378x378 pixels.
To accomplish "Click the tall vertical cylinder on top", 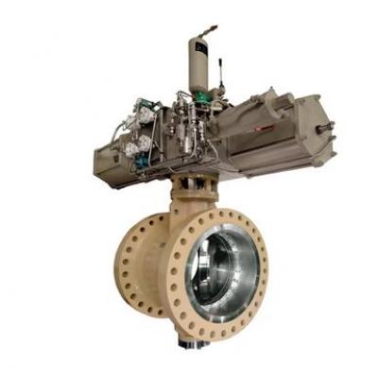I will tap(197, 61).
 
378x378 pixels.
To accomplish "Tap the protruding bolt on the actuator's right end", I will tap(328, 129).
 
